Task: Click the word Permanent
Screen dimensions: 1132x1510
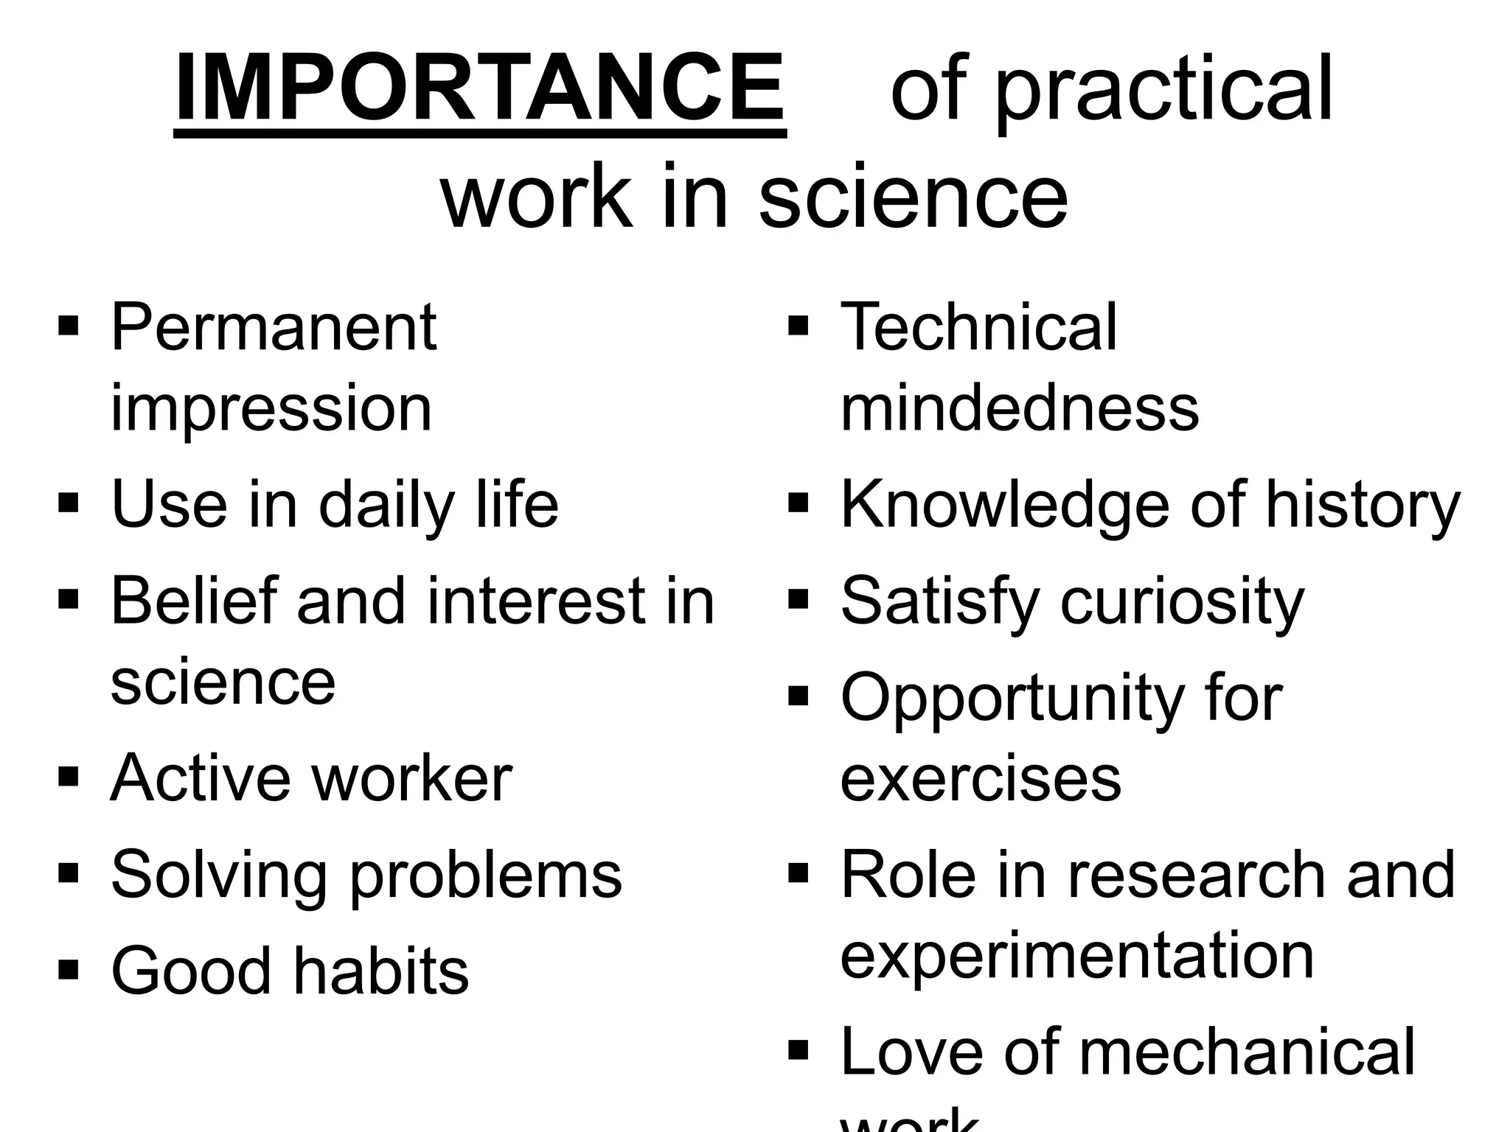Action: click(x=274, y=328)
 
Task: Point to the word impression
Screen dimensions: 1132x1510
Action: click(x=271, y=409)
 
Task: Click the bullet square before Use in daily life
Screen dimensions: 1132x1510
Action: click(x=68, y=504)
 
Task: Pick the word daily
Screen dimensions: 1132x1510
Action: click(x=386, y=506)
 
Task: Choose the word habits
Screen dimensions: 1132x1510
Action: click(x=381, y=971)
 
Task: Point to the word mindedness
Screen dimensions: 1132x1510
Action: click(x=1020, y=408)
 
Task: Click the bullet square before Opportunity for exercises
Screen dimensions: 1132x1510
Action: click(x=799, y=696)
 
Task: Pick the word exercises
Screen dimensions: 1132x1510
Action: click(x=981, y=779)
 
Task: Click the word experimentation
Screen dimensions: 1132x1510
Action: click(x=1077, y=957)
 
